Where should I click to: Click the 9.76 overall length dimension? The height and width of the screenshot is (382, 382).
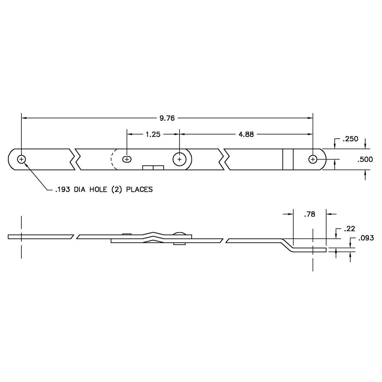coord(167,118)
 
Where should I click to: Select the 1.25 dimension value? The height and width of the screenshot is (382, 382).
coord(153,134)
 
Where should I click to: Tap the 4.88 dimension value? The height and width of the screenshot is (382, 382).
coord(246,134)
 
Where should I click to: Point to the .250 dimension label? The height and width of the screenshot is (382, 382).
coord(350,139)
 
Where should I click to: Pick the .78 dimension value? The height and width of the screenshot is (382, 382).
coord(309,215)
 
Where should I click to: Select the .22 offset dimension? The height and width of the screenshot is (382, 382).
coord(350,228)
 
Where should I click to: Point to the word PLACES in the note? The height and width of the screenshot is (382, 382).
coord(139,189)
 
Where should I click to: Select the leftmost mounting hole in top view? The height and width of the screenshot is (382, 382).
coord(22,159)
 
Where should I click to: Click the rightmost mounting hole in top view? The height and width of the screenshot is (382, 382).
coord(313,159)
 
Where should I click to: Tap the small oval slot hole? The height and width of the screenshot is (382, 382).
coord(126,159)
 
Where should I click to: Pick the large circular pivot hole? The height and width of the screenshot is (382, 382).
coord(179,159)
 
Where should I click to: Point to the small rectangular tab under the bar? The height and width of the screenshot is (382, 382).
coord(153,167)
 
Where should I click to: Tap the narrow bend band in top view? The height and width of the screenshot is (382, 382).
coord(288,159)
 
